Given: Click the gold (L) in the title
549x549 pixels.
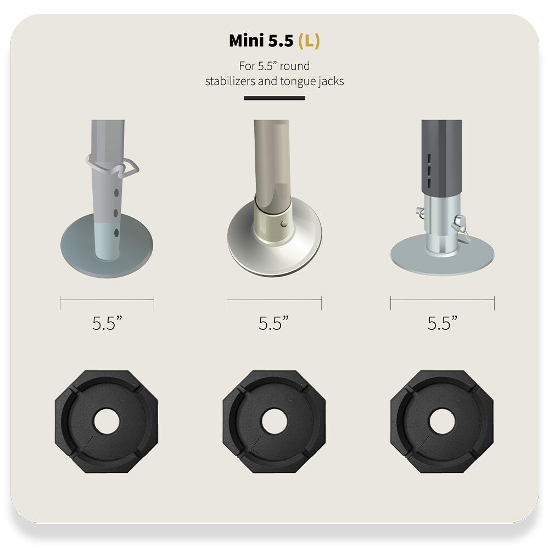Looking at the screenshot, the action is coord(309,41).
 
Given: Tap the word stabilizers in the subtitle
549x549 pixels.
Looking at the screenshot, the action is coord(230,81).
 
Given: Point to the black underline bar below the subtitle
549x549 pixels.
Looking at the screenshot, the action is coord(274,98).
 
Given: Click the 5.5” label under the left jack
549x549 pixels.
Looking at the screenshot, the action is coord(107,323).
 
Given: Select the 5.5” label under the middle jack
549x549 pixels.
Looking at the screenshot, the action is coord(274,323).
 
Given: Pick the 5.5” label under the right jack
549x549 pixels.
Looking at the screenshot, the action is coord(442,323).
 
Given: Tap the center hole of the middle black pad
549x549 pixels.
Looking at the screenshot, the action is coord(274,421).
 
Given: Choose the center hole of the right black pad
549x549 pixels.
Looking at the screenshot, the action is coord(442,421).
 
